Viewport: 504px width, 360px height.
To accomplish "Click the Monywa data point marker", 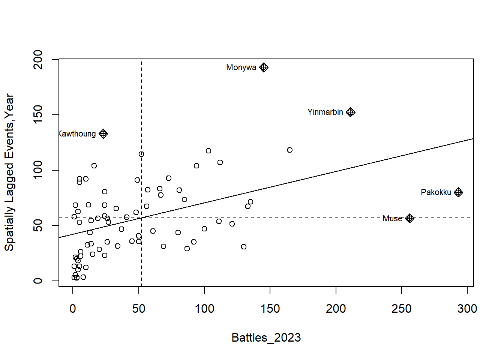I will click(x=264, y=67).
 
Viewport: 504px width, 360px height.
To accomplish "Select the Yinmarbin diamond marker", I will click(x=350, y=112).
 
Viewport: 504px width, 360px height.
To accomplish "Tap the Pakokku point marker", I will click(x=458, y=192).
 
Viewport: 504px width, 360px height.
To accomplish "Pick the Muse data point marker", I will click(x=409, y=218).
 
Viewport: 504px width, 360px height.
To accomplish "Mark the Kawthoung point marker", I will click(x=103, y=134).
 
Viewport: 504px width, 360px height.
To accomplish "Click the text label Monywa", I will click(x=241, y=67).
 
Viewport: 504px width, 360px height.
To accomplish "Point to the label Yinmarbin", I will click(x=325, y=112).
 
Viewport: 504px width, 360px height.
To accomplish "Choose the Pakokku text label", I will click(x=436, y=192).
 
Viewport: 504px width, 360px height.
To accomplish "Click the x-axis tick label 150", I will click(x=270, y=309).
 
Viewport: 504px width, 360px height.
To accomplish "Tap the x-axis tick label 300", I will click(x=467, y=309).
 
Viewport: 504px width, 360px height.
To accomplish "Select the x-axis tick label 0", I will click(x=73, y=309).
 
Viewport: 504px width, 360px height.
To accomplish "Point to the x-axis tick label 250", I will click(x=402, y=309).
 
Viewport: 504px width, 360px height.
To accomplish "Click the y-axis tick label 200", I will click(x=38, y=59).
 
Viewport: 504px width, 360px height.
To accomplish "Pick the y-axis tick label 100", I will click(x=38, y=170).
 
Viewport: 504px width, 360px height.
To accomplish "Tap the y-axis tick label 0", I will click(x=38, y=280).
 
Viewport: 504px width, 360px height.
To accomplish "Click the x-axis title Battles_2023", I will click(x=266, y=337).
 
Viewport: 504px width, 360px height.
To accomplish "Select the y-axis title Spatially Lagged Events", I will click(x=9, y=172).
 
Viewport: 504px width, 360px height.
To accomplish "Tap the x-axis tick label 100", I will click(x=204, y=309).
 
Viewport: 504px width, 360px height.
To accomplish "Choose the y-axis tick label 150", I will click(x=38, y=114).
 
